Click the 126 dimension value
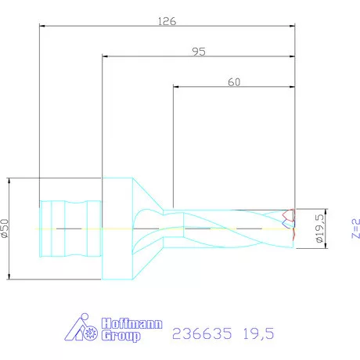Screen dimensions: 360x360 click(x=166, y=21)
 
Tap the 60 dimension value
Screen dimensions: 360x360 click(x=233, y=81)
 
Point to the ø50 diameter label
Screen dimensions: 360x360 click(x=5, y=228)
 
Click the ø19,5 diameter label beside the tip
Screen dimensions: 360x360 click(x=319, y=228)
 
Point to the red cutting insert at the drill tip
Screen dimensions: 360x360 click(x=289, y=224)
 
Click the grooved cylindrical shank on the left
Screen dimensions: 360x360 click(x=70, y=228)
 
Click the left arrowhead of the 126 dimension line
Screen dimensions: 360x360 click(x=43, y=26)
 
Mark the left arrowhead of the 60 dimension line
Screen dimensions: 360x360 click(x=176, y=86)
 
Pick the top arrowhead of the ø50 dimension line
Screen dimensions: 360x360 click(x=9, y=181)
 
